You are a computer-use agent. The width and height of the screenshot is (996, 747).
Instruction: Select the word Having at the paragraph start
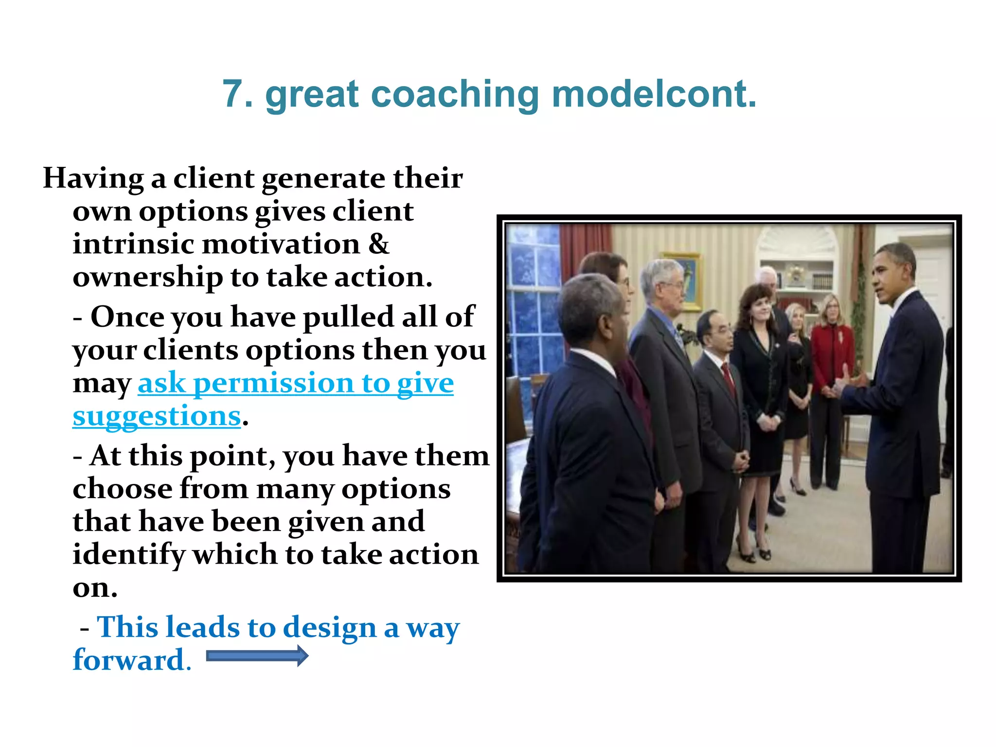(x=93, y=179)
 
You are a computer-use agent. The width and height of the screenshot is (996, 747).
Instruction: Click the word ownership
(x=147, y=277)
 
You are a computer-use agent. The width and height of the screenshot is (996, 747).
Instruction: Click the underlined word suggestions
(x=157, y=416)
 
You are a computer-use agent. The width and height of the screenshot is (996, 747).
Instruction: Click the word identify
(x=128, y=555)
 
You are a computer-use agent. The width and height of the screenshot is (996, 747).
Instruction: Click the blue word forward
(x=128, y=660)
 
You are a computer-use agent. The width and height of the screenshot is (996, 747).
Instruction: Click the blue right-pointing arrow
(x=257, y=656)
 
